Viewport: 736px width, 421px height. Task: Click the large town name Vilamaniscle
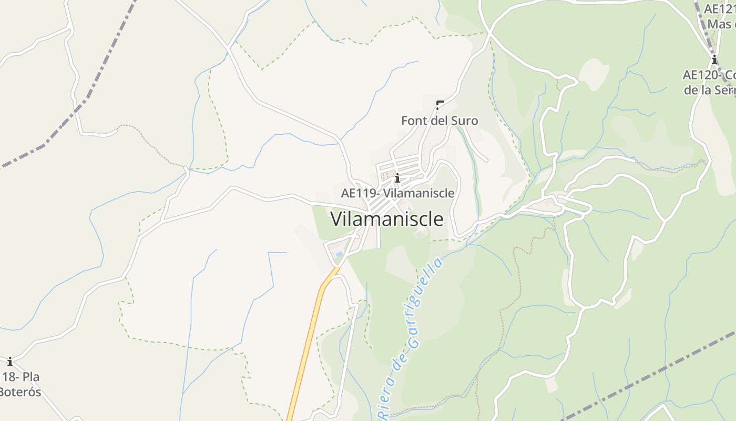point(387,219)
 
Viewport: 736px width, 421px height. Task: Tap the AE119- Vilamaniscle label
point(397,193)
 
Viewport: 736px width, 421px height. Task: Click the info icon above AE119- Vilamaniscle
point(397,178)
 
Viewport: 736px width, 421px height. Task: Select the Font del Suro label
point(439,121)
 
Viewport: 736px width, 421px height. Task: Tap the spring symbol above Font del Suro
point(439,104)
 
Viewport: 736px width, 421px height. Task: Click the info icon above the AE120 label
point(714,59)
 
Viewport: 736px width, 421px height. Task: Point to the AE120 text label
point(709,75)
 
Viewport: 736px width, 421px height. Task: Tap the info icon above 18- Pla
point(9,362)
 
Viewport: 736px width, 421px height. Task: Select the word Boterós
point(20,392)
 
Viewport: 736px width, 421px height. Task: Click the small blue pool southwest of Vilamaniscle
point(339,254)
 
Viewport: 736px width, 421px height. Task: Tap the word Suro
point(464,121)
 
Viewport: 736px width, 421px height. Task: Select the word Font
point(413,121)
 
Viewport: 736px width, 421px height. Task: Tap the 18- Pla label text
point(21,377)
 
